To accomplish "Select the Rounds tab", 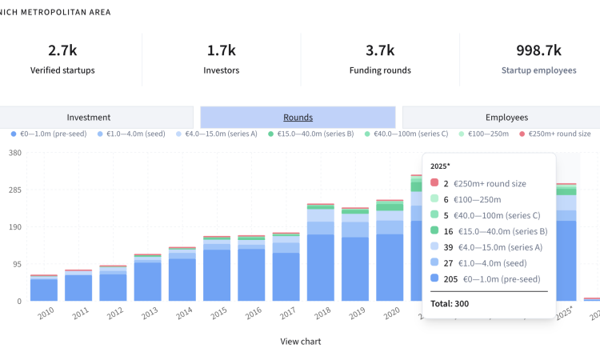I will point(298,117).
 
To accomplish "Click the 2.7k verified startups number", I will point(62,50).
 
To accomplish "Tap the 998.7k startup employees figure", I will point(538,50).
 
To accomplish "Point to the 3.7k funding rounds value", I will point(380,50).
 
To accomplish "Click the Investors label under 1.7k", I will point(222,70).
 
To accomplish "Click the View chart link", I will point(300,342).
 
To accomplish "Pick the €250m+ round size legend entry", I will point(558,134).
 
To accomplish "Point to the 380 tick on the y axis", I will point(15,153).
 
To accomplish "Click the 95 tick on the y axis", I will point(17,264).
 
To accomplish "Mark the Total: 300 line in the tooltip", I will point(450,303).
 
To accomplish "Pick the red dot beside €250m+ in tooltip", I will point(434,183).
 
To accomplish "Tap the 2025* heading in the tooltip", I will point(442,166).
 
